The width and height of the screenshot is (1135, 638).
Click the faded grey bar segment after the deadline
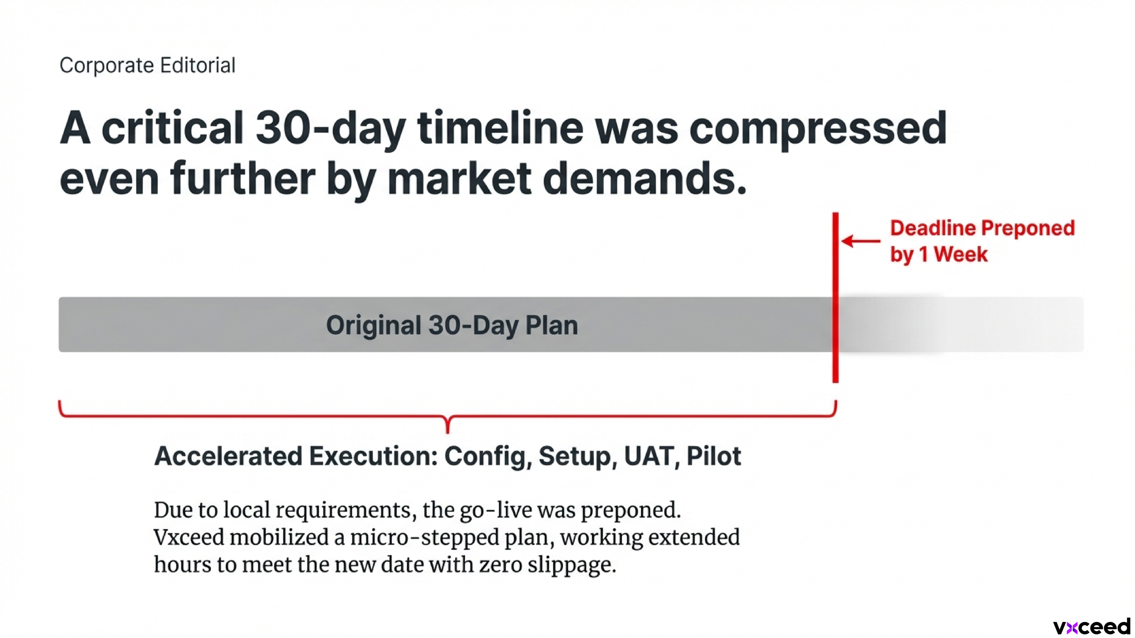pos(961,325)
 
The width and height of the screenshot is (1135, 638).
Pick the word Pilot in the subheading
pos(714,456)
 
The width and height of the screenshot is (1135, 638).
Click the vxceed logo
pos(1092,626)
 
